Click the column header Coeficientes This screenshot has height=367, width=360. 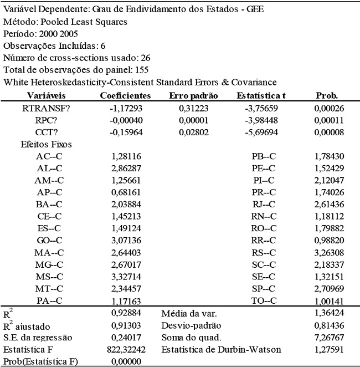(125, 95)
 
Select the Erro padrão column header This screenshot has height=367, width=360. (193, 95)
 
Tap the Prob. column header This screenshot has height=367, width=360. (327, 95)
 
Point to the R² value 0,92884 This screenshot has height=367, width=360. (127, 313)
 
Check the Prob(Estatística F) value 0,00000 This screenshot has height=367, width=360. (127, 361)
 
